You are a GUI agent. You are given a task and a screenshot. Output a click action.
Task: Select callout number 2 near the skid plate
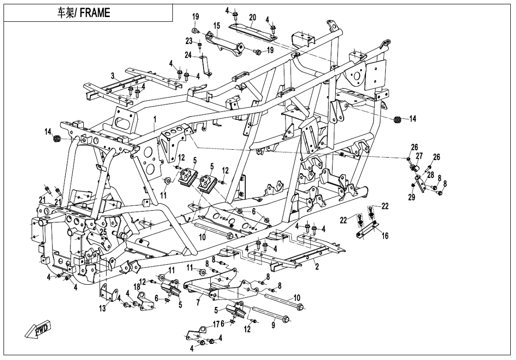[x=317, y=267]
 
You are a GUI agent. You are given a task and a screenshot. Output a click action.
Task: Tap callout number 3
[x=113, y=76]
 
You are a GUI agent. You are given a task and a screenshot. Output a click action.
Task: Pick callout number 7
[x=198, y=302]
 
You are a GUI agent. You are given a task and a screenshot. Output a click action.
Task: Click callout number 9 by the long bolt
[x=273, y=325]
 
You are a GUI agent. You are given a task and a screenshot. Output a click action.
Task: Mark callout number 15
[x=216, y=26]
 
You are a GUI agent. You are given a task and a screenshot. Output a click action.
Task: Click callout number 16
[x=384, y=235]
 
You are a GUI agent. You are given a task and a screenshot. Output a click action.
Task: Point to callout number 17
[x=216, y=324]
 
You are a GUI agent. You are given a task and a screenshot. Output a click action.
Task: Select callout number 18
[x=136, y=287]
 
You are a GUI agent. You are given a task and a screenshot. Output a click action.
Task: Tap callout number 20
[x=252, y=18]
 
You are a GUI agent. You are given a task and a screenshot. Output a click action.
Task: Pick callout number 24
[x=188, y=55]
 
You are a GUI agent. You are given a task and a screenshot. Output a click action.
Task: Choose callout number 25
[x=103, y=231]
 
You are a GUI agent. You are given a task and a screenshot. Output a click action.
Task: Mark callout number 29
[x=411, y=197]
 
